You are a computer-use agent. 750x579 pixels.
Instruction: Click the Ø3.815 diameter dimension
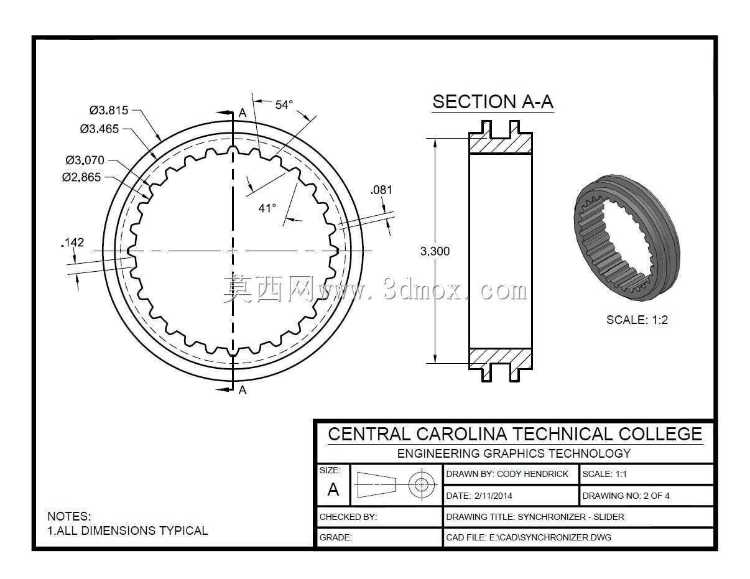109,111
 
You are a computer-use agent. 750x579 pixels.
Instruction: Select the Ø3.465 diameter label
100,129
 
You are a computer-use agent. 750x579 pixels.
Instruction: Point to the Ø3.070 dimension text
85,160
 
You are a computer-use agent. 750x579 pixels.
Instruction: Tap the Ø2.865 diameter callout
81,177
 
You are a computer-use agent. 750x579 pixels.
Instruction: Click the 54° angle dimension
284,104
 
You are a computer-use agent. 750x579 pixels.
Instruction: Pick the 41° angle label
267,208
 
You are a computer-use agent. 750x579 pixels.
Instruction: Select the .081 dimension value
381,190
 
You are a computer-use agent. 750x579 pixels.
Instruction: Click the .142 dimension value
73,243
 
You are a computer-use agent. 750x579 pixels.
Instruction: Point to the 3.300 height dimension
435,251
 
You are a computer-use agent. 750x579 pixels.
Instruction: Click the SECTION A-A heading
493,102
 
